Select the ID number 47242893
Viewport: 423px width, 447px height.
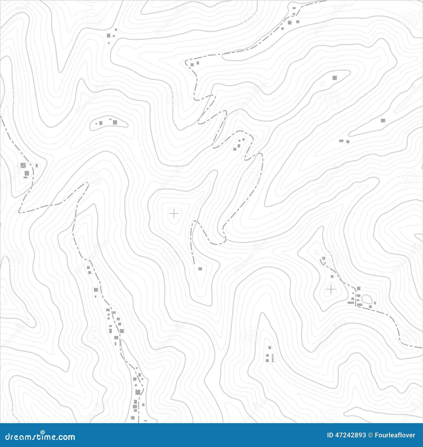[x=351, y=435]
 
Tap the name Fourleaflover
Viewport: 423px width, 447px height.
[x=395, y=435]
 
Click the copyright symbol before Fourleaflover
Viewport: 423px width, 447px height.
[x=371, y=435]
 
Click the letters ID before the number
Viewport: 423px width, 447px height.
[x=330, y=435]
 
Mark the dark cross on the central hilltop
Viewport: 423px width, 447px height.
[x=174, y=213]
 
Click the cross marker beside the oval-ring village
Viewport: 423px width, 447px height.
[x=331, y=289]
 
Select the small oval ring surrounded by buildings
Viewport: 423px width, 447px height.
[x=367, y=299]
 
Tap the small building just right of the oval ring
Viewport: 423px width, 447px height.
[x=375, y=303]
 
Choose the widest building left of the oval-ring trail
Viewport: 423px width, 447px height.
[x=351, y=303]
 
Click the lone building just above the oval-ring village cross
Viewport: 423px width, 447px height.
[x=332, y=276]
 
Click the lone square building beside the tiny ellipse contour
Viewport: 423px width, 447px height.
[x=335, y=77]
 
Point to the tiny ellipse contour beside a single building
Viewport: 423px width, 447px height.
[x=323, y=84]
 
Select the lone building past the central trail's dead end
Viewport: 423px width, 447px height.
[x=200, y=269]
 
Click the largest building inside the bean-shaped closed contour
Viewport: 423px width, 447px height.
[x=115, y=122]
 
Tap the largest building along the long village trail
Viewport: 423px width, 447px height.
[x=138, y=392]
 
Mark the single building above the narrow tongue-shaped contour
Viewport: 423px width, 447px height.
[x=383, y=121]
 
